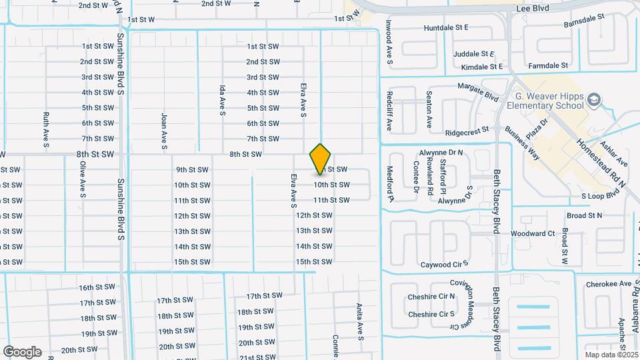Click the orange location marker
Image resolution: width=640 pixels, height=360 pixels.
coord(321,159)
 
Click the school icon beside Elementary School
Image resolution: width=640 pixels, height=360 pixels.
coord(595,101)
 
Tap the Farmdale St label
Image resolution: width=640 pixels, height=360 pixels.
coord(548,66)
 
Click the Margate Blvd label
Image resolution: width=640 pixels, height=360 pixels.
coord(478,91)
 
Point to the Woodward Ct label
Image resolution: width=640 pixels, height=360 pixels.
coord(533,233)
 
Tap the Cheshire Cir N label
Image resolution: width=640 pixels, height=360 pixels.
coord(431,297)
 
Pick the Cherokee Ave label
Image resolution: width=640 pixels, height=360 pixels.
coord(608,284)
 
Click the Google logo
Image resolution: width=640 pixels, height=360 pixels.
coord(22,351)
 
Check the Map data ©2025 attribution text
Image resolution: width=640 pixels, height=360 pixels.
coord(611,355)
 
